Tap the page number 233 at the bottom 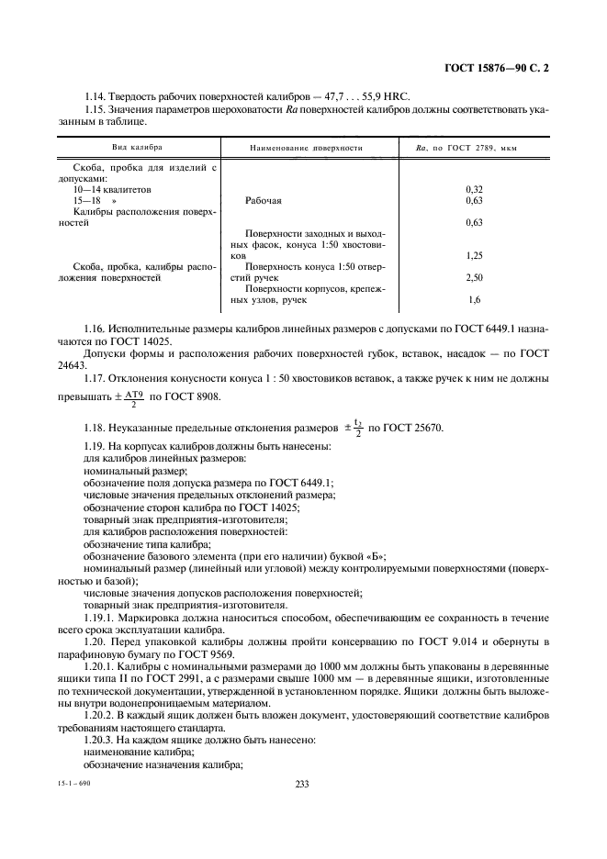point(303,783)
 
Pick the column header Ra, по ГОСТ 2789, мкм point(467,147)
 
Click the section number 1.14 point(96,96)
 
